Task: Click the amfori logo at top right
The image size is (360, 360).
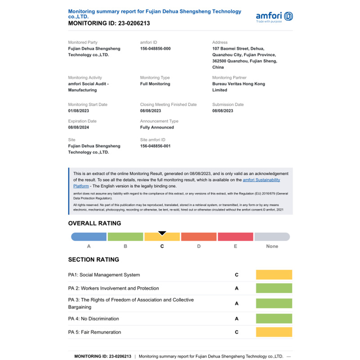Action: (274, 17)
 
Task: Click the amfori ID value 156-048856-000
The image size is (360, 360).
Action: (155, 49)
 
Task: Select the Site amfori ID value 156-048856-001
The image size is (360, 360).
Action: (155, 146)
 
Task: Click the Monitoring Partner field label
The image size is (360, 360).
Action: (229, 77)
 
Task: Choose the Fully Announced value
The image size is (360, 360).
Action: (157, 127)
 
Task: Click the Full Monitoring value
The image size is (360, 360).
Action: (155, 84)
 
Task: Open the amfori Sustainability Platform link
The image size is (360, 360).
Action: (261, 180)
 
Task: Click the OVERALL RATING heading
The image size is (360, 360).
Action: (94, 223)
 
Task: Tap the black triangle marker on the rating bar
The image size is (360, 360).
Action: (162, 233)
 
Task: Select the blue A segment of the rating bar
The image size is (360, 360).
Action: (89, 237)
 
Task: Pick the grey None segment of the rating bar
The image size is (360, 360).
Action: (272, 237)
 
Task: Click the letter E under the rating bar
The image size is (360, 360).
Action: (235, 246)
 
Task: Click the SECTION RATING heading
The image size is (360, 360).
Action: (94, 260)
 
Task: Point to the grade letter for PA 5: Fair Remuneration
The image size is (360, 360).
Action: (237, 332)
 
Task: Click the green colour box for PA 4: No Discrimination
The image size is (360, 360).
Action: (274, 319)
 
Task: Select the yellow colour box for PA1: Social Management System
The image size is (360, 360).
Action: (274, 275)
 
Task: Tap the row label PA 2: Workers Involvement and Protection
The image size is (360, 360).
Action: (113, 288)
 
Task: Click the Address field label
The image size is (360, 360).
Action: (220, 42)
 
